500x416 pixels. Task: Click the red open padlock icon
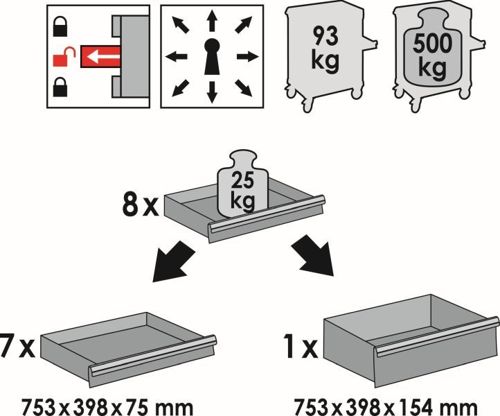(x=63, y=57)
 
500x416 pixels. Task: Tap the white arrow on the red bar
(x=102, y=57)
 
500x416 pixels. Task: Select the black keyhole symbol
(x=212, y=57)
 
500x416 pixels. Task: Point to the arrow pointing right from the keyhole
(x=247, y=57)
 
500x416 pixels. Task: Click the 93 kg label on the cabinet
(x=325, y=48)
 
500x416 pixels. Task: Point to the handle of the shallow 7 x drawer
(x=152, y=356)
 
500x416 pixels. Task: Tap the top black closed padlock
(x=60, y=26)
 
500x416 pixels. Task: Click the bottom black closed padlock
(x=60, y=87)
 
